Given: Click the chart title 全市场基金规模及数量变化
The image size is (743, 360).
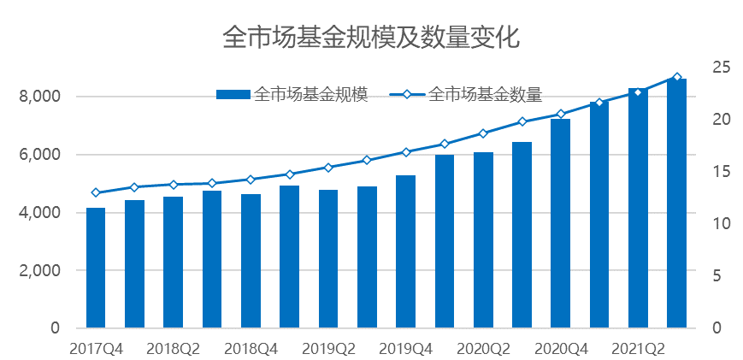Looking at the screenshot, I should (371, 38).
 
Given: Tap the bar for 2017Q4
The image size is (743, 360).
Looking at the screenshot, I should (96, 268).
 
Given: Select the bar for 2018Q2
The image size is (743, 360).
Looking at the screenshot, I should (174, 263).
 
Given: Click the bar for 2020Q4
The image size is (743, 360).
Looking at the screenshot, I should (560, 223).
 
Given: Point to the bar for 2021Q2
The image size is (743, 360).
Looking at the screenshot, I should (638, 208).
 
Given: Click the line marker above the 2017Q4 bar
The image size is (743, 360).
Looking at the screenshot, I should (96, 192).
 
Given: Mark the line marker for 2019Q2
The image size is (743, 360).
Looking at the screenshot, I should (328, 168).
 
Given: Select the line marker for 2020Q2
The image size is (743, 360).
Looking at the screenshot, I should (483, 133).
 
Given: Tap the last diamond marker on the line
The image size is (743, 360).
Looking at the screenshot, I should (677, 78).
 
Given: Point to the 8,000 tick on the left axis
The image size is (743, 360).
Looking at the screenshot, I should (40, 97).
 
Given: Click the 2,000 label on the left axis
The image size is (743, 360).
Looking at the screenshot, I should (40, 270).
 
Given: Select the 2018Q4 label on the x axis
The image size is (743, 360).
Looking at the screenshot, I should (251, 348).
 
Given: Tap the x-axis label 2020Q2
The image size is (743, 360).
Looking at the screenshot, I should (483, 348).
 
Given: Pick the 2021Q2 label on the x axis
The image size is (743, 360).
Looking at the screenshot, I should (638, 348).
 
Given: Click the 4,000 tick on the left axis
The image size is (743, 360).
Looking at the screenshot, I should (40, 212).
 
